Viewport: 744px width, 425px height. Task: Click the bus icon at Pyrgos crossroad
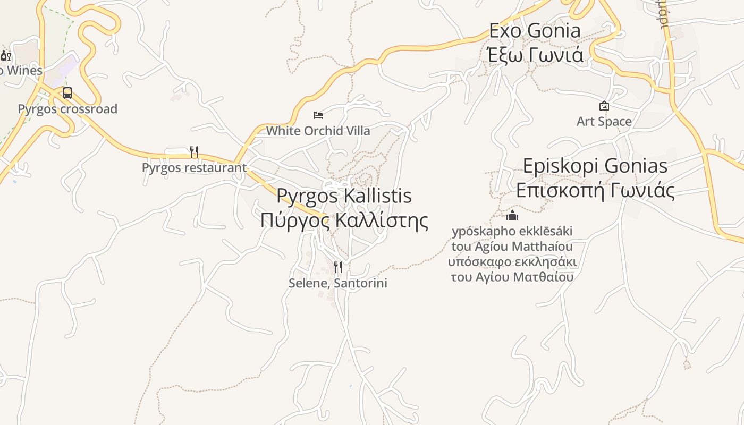pyautogui.click(x=67, y=93)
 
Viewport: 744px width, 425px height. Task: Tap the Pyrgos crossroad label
pyautogui.click(x=67, y=109)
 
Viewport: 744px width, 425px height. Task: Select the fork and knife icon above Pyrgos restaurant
pyautogui.click(x=194, y=152)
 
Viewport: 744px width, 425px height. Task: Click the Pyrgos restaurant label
pyautogui.click(x=194, y=168)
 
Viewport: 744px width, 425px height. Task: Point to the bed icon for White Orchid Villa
pyautogui.click(x=318, y=115)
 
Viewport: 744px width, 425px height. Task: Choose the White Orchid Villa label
pyautogui.click(x=318, y=131)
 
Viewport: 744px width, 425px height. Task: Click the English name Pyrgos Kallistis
pyautogui.click(x=344, y=195)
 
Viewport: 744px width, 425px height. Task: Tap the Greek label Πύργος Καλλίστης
pyautogui.click(x=344, y=220)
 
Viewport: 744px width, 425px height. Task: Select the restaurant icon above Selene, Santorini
pyautogui.click(x=337, y=267)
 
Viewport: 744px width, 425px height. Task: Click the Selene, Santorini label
pyautogui.click(x=337, y=283)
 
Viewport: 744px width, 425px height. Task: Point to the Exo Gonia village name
pyautogui.click(x=535, y=30)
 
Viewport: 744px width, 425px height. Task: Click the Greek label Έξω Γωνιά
pyautogui.click(x=535, y=55)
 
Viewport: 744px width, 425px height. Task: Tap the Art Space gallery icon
pyautogui.click(x=604, y=106)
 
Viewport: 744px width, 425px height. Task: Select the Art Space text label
pyautogui.click(x=604, y=122)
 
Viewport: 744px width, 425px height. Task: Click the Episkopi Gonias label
pyautogui.click(x=595, y=166)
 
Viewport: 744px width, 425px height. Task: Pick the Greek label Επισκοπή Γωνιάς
pyautogui.click(x=595, y=190)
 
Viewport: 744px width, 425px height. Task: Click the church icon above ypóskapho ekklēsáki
pyautogui.click(x=512, y=215)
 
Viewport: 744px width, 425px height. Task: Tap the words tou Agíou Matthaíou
pyautogui.click(x=512, y=246)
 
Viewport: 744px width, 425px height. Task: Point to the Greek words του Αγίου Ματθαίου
pyautogui.click(x=512, y=277)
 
